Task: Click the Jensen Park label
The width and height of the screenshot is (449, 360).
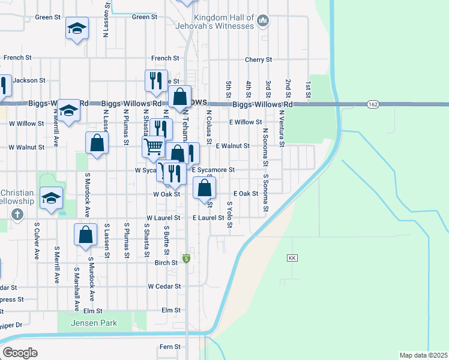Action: pos(92,323)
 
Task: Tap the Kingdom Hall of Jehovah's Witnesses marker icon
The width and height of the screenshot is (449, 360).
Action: pos(262,22)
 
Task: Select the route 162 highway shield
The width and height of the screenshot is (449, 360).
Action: pos(373,104)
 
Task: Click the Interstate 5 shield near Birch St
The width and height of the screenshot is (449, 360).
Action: pos(187,259)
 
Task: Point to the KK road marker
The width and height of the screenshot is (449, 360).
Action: pos(292,258)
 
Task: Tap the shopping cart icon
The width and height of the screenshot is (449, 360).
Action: pos(153,145)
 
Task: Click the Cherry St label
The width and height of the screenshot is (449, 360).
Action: pos(259,60)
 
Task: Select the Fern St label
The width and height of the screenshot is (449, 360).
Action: pos(170,347)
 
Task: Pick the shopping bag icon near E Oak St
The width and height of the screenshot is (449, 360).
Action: pos(205,187)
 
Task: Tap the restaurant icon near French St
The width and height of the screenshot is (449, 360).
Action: pos(156,80)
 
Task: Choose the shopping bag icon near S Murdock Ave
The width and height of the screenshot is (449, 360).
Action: pos(85,234)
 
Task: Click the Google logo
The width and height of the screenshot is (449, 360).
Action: pos(20,353)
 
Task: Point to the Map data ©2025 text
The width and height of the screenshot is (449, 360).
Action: pos(424,355)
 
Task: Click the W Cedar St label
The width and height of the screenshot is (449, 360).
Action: pos(164,286)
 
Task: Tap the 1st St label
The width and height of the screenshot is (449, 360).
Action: pos(307,90)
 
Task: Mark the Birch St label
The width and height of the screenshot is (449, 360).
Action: pos(166,262)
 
